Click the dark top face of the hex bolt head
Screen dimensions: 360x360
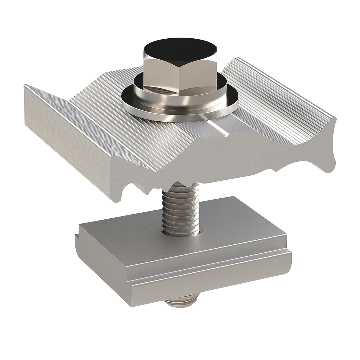(180, 49)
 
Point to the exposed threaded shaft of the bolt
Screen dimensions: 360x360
(180, 211)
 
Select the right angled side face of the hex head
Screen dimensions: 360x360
(211, 70)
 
